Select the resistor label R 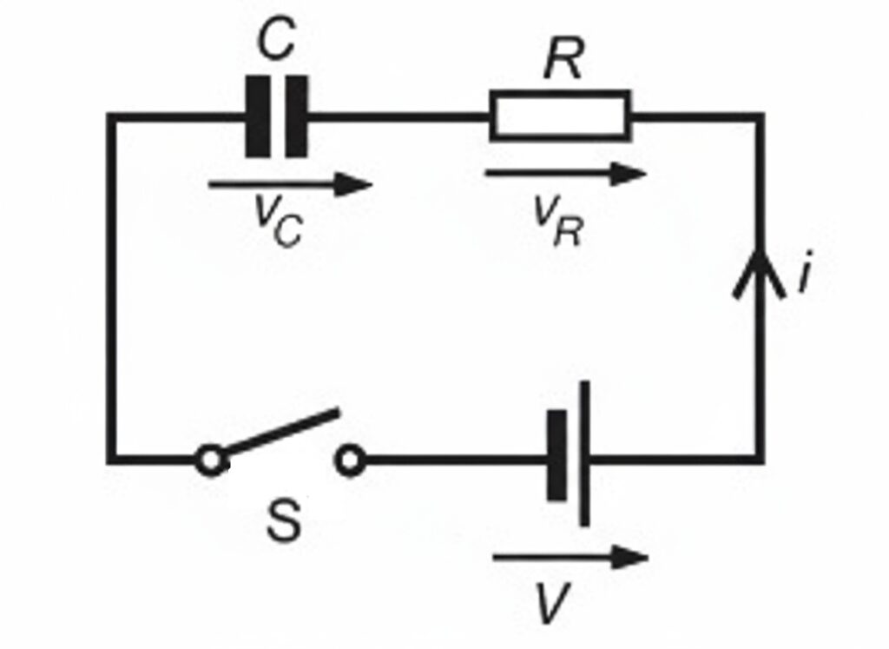tap(563, 61)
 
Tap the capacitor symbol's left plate tap(257, 116)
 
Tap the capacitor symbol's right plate tap(297, 116)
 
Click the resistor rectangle tap(560, 116)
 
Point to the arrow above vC tap(290, 183)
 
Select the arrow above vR tap(565, 174)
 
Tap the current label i tap(805, 276)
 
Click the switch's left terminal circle tap(209, 460)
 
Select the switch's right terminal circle tap(350, 460)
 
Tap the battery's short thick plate tap(556, 456)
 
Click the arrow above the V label tap(570, 557)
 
